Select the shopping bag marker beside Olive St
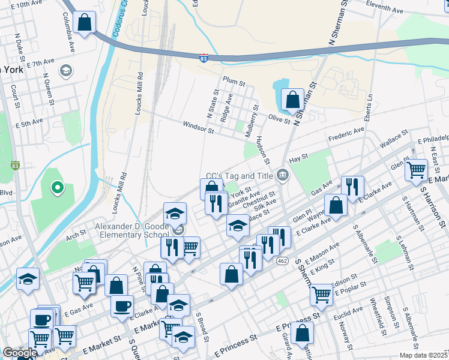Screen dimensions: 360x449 tap(292, 100)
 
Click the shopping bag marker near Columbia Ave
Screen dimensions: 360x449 tap(85, 23)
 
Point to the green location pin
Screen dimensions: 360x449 tap(58, 188)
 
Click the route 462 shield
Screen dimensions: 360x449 tap(282, 260)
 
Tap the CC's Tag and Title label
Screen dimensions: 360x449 tap(239, 176)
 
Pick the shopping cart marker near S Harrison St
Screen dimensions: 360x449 tap(415, 170)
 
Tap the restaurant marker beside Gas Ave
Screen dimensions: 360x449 tap(352, 186)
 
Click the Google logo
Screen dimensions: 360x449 tap(19, 353)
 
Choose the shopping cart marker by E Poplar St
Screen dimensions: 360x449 tap(322, 295)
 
